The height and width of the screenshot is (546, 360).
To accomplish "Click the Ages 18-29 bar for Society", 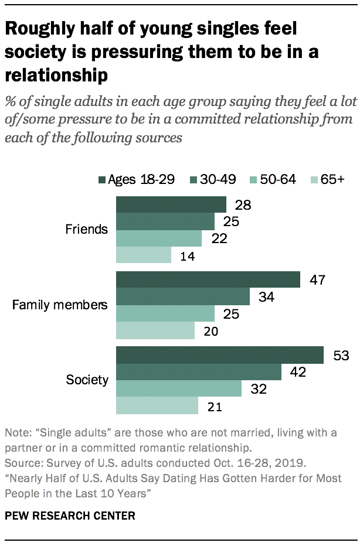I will (x=220, y=355).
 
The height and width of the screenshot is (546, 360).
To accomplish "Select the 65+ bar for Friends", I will (x=144, y=255).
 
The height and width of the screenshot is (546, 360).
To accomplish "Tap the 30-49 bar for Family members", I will (x=183, y=296).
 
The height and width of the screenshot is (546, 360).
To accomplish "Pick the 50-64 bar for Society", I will (x=179, y=388).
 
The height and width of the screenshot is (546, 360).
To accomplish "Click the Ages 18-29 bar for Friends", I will (x=171, y=204).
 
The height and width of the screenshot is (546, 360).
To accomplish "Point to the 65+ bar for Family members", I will (x=155, y=330).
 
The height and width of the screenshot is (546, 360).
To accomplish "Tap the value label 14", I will (x=188, y=255).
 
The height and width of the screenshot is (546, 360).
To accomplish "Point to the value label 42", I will (x=298, y=372).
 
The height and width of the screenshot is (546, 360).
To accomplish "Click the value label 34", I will (x=266, y=297).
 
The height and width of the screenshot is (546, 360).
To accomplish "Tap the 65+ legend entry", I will (x=328, y=179).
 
